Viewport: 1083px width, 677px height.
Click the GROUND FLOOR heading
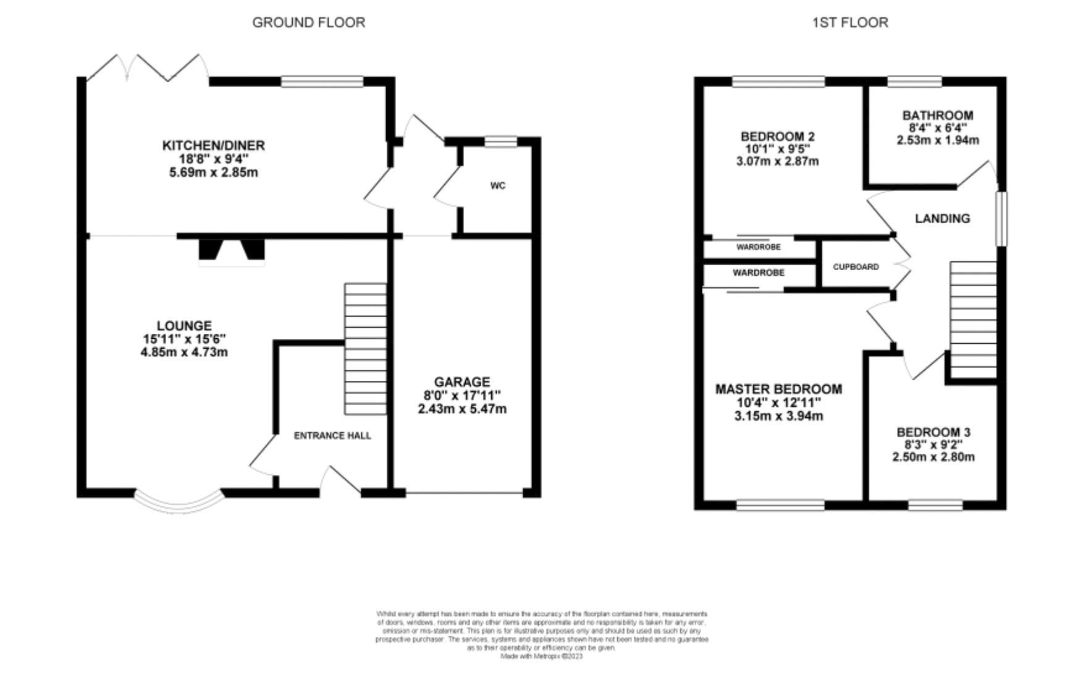point(308,23)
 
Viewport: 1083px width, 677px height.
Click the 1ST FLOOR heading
point(849,23)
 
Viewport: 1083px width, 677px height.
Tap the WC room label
point(497,185)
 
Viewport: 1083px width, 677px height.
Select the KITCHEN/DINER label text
point(213,145)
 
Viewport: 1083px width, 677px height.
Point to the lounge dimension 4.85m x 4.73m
point(184,352)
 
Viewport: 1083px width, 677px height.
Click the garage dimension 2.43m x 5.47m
point(461,409)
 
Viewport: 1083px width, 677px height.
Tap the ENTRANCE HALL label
point(332,436)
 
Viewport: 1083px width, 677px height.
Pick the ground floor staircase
point(365,349)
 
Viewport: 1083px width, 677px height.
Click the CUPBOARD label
point(856,267)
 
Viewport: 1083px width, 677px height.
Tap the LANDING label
point(942,218)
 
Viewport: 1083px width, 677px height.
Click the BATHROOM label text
point(937,115)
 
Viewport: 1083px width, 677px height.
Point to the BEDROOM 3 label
point(933,432)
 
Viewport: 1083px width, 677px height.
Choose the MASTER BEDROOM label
point(778,389)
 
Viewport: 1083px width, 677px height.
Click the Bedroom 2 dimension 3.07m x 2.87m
point(777,161)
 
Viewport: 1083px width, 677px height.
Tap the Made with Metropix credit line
point(541,657)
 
